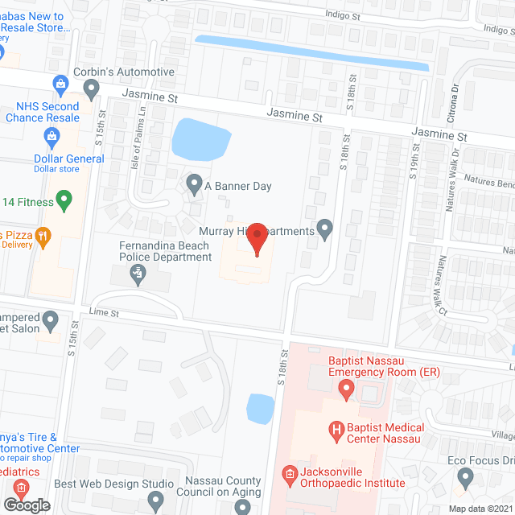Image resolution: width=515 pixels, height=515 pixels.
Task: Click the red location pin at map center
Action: pyautogui.click(x=257, y=239)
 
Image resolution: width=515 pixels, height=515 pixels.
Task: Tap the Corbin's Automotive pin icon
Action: pyautogui.click(x=92, y=87)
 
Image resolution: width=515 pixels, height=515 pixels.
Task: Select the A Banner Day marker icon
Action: pyautogui.click(x=194, y=185)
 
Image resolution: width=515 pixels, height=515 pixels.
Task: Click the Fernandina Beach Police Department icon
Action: pyautogui.click(x=138, y=275)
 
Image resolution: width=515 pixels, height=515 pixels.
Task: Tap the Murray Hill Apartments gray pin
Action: pyautogui.click(x=325, y=230)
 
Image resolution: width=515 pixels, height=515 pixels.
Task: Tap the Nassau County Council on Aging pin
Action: pyautogui.click(x=243, y=507)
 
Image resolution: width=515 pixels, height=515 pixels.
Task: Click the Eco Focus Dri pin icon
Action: pyautogui.click(x=463, y=477)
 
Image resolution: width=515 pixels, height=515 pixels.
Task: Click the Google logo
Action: pyautogui.click(x=26, y=505)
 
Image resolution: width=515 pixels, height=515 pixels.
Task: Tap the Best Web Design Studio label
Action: pyautogui.click(x=113, y=484)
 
